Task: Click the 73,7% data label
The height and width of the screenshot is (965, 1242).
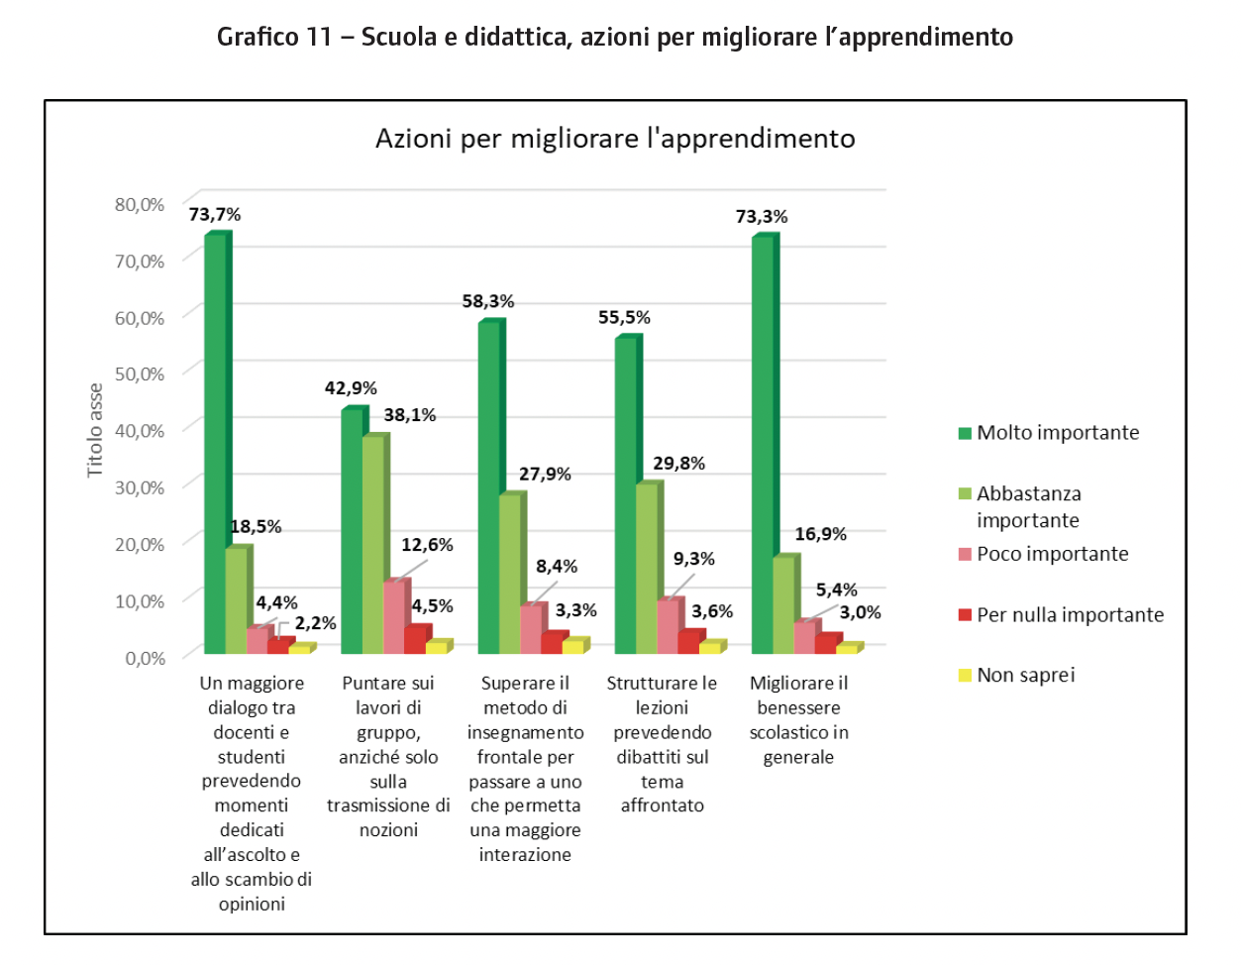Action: point(215,215)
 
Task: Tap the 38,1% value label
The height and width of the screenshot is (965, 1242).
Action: point(410,415)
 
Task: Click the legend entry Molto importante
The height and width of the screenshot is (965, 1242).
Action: point(1057,433)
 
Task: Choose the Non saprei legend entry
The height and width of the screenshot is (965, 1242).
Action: point(1025,676)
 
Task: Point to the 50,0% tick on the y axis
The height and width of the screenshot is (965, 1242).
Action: point(140,375)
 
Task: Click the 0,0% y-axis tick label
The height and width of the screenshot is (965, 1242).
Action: point(146,658)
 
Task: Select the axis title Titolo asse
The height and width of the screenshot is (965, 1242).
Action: point(95,430)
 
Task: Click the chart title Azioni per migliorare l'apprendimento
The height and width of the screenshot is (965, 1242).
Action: point(615,139)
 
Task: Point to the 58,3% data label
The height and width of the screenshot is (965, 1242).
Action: point(488,301)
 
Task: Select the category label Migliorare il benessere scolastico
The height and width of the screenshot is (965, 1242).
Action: point(798,720)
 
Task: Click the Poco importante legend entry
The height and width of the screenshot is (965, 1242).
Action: point(1052,554)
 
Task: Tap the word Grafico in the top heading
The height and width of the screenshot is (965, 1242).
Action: point(258,38)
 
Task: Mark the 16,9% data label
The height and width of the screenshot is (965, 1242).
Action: point(820,534)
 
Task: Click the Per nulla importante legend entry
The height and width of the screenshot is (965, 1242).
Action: point(1070,615)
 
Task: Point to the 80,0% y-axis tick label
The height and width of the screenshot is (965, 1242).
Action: point(140,205)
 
